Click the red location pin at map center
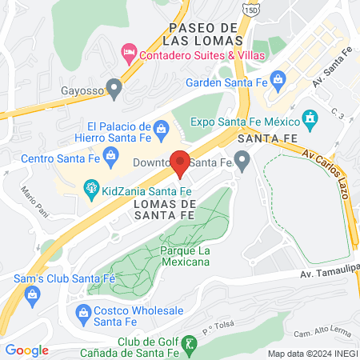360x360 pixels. click(x=181, y=163)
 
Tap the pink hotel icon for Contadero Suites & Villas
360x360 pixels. click(x=128, y=54)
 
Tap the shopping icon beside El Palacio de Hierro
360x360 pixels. click(x=160, y=129)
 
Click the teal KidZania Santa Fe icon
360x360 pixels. click(x=90, y=189)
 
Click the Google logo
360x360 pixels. click(x=27, y=350)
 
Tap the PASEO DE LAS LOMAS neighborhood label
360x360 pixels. click(x=202, y=33)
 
